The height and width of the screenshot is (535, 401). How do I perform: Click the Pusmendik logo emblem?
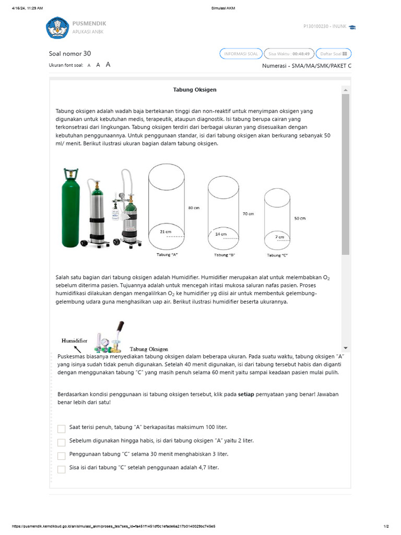(57, 28)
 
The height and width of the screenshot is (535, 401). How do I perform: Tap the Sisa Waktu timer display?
(288, 54)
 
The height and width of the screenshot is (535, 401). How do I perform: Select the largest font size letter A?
(108, 65)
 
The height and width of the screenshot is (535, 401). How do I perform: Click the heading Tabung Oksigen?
(195, 90)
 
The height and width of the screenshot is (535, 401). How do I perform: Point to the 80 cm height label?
(194, 207)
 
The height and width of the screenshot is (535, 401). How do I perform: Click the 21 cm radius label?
(166, 231)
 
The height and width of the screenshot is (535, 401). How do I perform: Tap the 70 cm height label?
(248, 214)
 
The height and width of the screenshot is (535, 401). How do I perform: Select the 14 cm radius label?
(221, 234)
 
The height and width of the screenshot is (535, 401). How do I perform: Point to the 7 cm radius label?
(280, 237)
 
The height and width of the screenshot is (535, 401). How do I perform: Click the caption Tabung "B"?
(225, 255)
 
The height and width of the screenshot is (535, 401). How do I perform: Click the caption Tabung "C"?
(277, 255)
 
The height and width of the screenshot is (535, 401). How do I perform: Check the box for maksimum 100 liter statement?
(62, 428)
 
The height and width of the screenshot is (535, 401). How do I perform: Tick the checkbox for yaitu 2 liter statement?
(62, 442)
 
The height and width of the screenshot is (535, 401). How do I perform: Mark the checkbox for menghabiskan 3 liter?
(62, 456)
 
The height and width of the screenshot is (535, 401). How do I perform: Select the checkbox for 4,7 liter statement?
(62, 469)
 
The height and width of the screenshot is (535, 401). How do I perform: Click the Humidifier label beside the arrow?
(74, 340)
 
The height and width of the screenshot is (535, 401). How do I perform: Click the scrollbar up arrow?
(345, 90)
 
